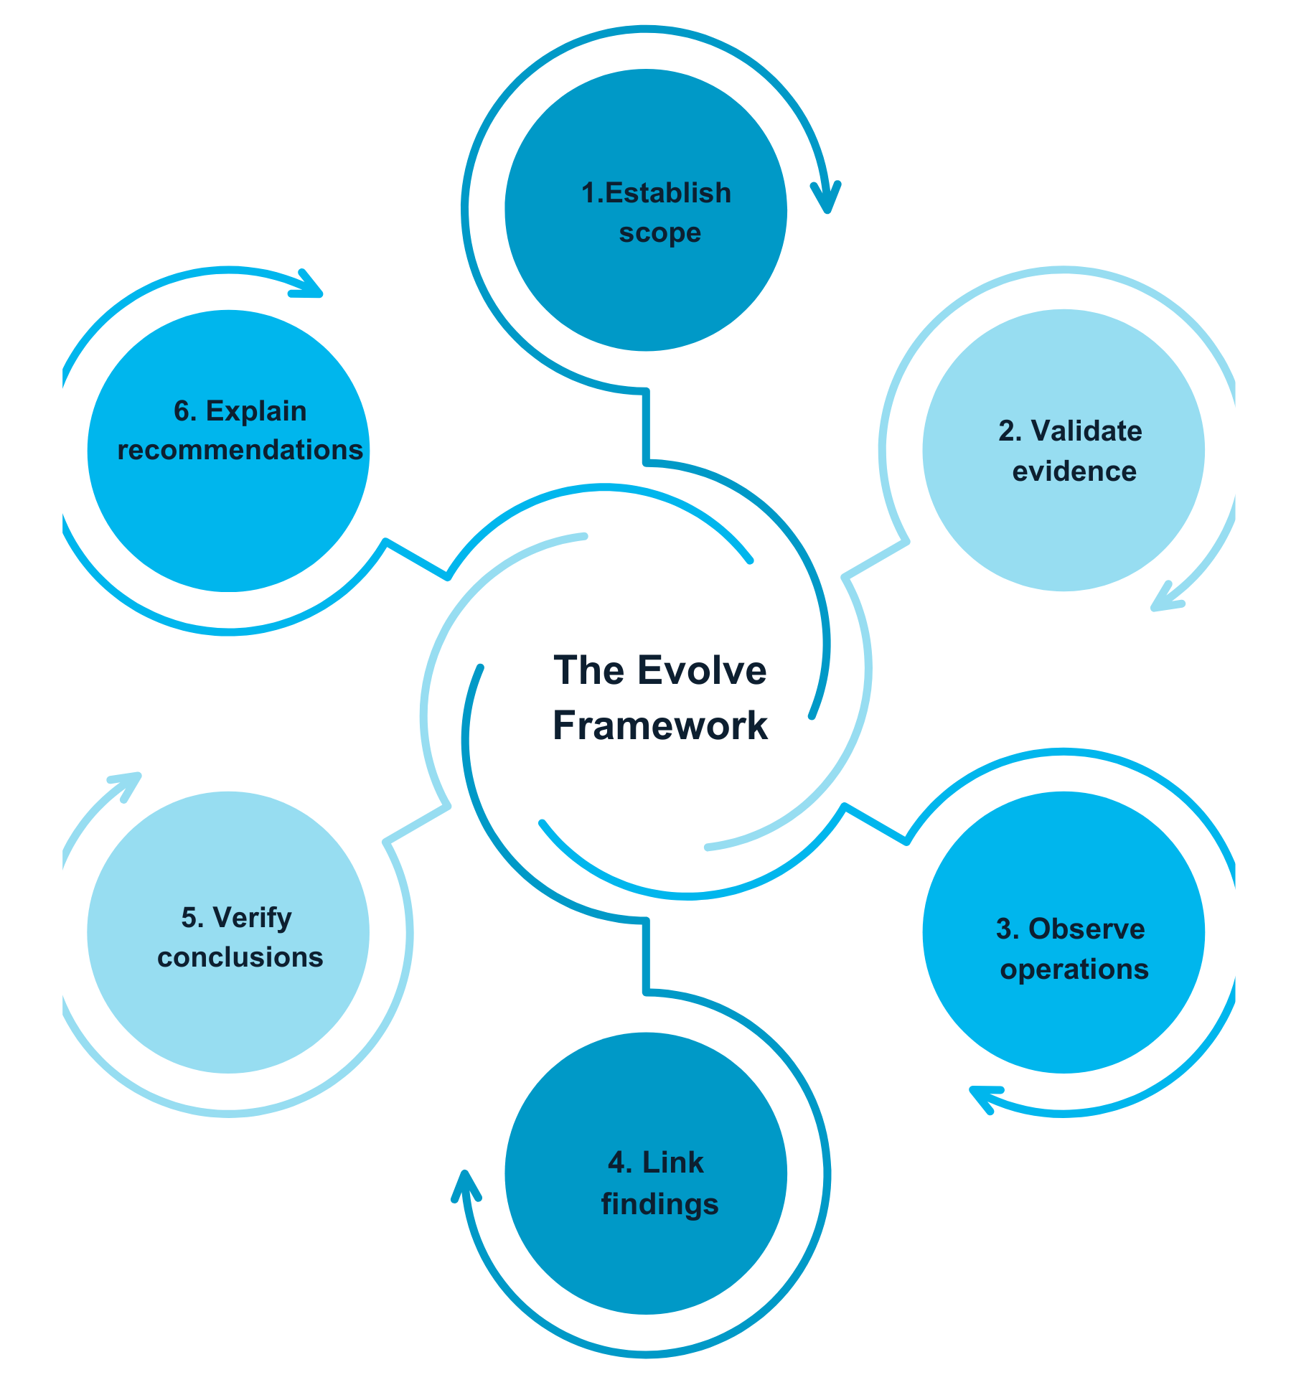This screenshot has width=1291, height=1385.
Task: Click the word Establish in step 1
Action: click(668, 194)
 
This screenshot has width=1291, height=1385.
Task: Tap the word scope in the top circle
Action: click(659, 233)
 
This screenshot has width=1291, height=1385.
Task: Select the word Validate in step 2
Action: click(1086, 431)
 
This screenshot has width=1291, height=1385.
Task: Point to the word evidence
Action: click(1074, 471)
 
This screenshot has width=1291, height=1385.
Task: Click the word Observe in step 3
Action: click(1086, 929)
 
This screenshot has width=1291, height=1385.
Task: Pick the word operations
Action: click(1074, 969)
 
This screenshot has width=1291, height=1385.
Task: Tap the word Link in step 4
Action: click(672, 1163)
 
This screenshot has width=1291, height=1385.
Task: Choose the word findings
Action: click(659, 1204)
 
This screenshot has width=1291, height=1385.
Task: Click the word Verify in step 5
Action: click(252, 918)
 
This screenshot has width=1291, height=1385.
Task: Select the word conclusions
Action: click(240, 957)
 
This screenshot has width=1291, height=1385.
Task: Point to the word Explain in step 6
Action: click(255, 411)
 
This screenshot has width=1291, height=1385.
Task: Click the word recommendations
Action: click(240, 451)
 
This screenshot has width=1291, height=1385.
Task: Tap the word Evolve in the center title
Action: click(701, 671)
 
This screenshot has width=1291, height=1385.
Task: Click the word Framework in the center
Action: click(659, 726)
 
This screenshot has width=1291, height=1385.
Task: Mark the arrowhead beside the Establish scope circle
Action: click(826, 197)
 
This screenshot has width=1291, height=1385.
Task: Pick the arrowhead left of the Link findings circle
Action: click(466, 1187)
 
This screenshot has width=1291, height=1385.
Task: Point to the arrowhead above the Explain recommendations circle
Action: click(309, 285)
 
